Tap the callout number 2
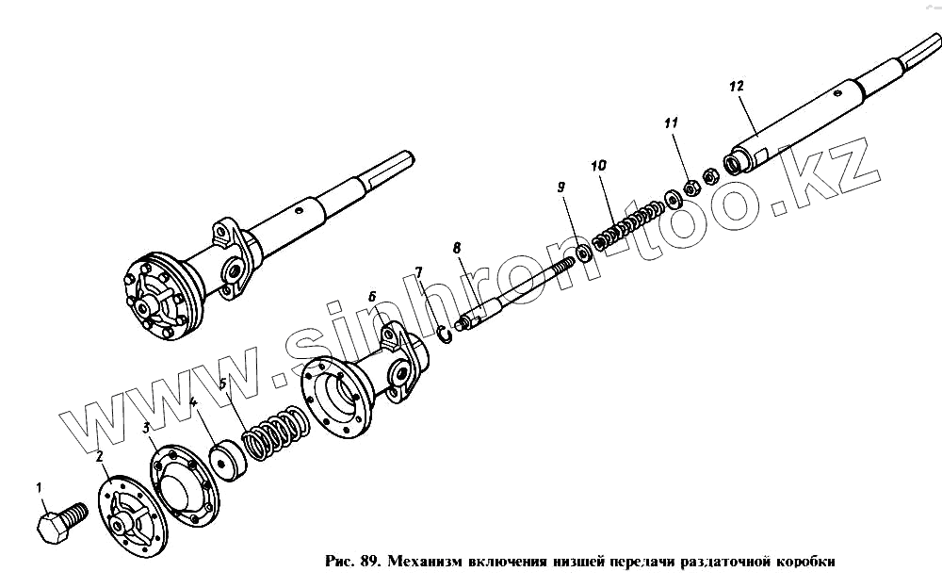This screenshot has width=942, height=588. tap(99, 456)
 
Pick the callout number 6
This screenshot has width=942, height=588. tap(372, 294)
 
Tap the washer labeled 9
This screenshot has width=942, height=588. tap(584, 252)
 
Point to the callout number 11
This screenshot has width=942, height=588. tap(671, 123)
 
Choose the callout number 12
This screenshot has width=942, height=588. tap(737, 86)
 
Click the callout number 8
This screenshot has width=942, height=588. tap(457, 249)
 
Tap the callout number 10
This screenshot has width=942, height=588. tap(598, 167)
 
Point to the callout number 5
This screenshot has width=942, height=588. tap(222, 384)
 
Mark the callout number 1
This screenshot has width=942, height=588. tap(40, 487)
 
